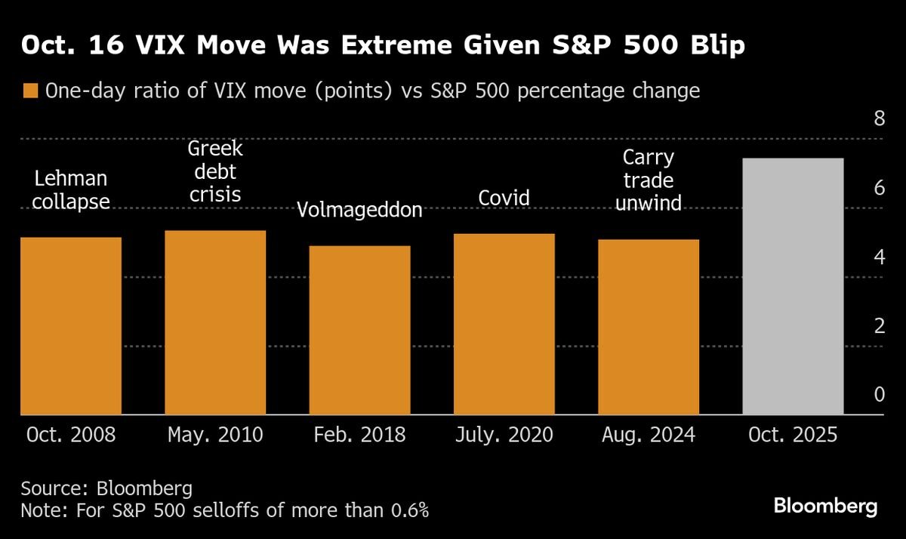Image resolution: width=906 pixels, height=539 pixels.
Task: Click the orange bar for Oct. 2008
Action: tap(71, 326)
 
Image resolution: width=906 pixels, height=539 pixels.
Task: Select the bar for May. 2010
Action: tap(215, 322)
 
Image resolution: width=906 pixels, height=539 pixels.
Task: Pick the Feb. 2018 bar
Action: tap(359, 331)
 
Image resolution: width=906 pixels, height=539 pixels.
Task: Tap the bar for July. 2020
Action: tap(504, 325)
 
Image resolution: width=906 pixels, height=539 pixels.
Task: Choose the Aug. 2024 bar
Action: tap(649, 327)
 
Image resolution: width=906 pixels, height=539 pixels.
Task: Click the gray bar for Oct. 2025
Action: tap(793, 286)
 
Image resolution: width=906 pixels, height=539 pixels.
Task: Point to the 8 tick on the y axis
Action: tap(880, 118)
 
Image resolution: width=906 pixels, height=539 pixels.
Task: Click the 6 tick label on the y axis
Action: tap(880, 188)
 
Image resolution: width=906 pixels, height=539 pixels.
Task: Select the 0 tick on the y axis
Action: tap(880, 394)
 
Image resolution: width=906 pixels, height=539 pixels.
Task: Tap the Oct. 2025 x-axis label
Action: tap(793, 435)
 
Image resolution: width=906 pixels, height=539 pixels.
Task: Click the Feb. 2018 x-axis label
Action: tap(359, 435)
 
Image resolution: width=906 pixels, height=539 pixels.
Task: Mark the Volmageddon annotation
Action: tap(359, 209)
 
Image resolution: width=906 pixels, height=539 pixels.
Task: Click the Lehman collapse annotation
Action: tap(71, 189)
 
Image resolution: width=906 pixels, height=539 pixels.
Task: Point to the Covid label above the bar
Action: tap(504, 198)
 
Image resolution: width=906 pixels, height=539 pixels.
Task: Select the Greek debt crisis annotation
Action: tap(215, 171)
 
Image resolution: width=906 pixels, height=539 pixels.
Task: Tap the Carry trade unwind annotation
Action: tap(649, 180)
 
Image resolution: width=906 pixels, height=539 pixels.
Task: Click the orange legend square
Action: tap(30, 91)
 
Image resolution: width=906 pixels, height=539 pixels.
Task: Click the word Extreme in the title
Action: tap(396, 45)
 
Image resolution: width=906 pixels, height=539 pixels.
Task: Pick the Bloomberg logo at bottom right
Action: tap(826, 507)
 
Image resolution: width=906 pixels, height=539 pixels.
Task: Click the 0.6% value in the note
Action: tap(409, 510)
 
